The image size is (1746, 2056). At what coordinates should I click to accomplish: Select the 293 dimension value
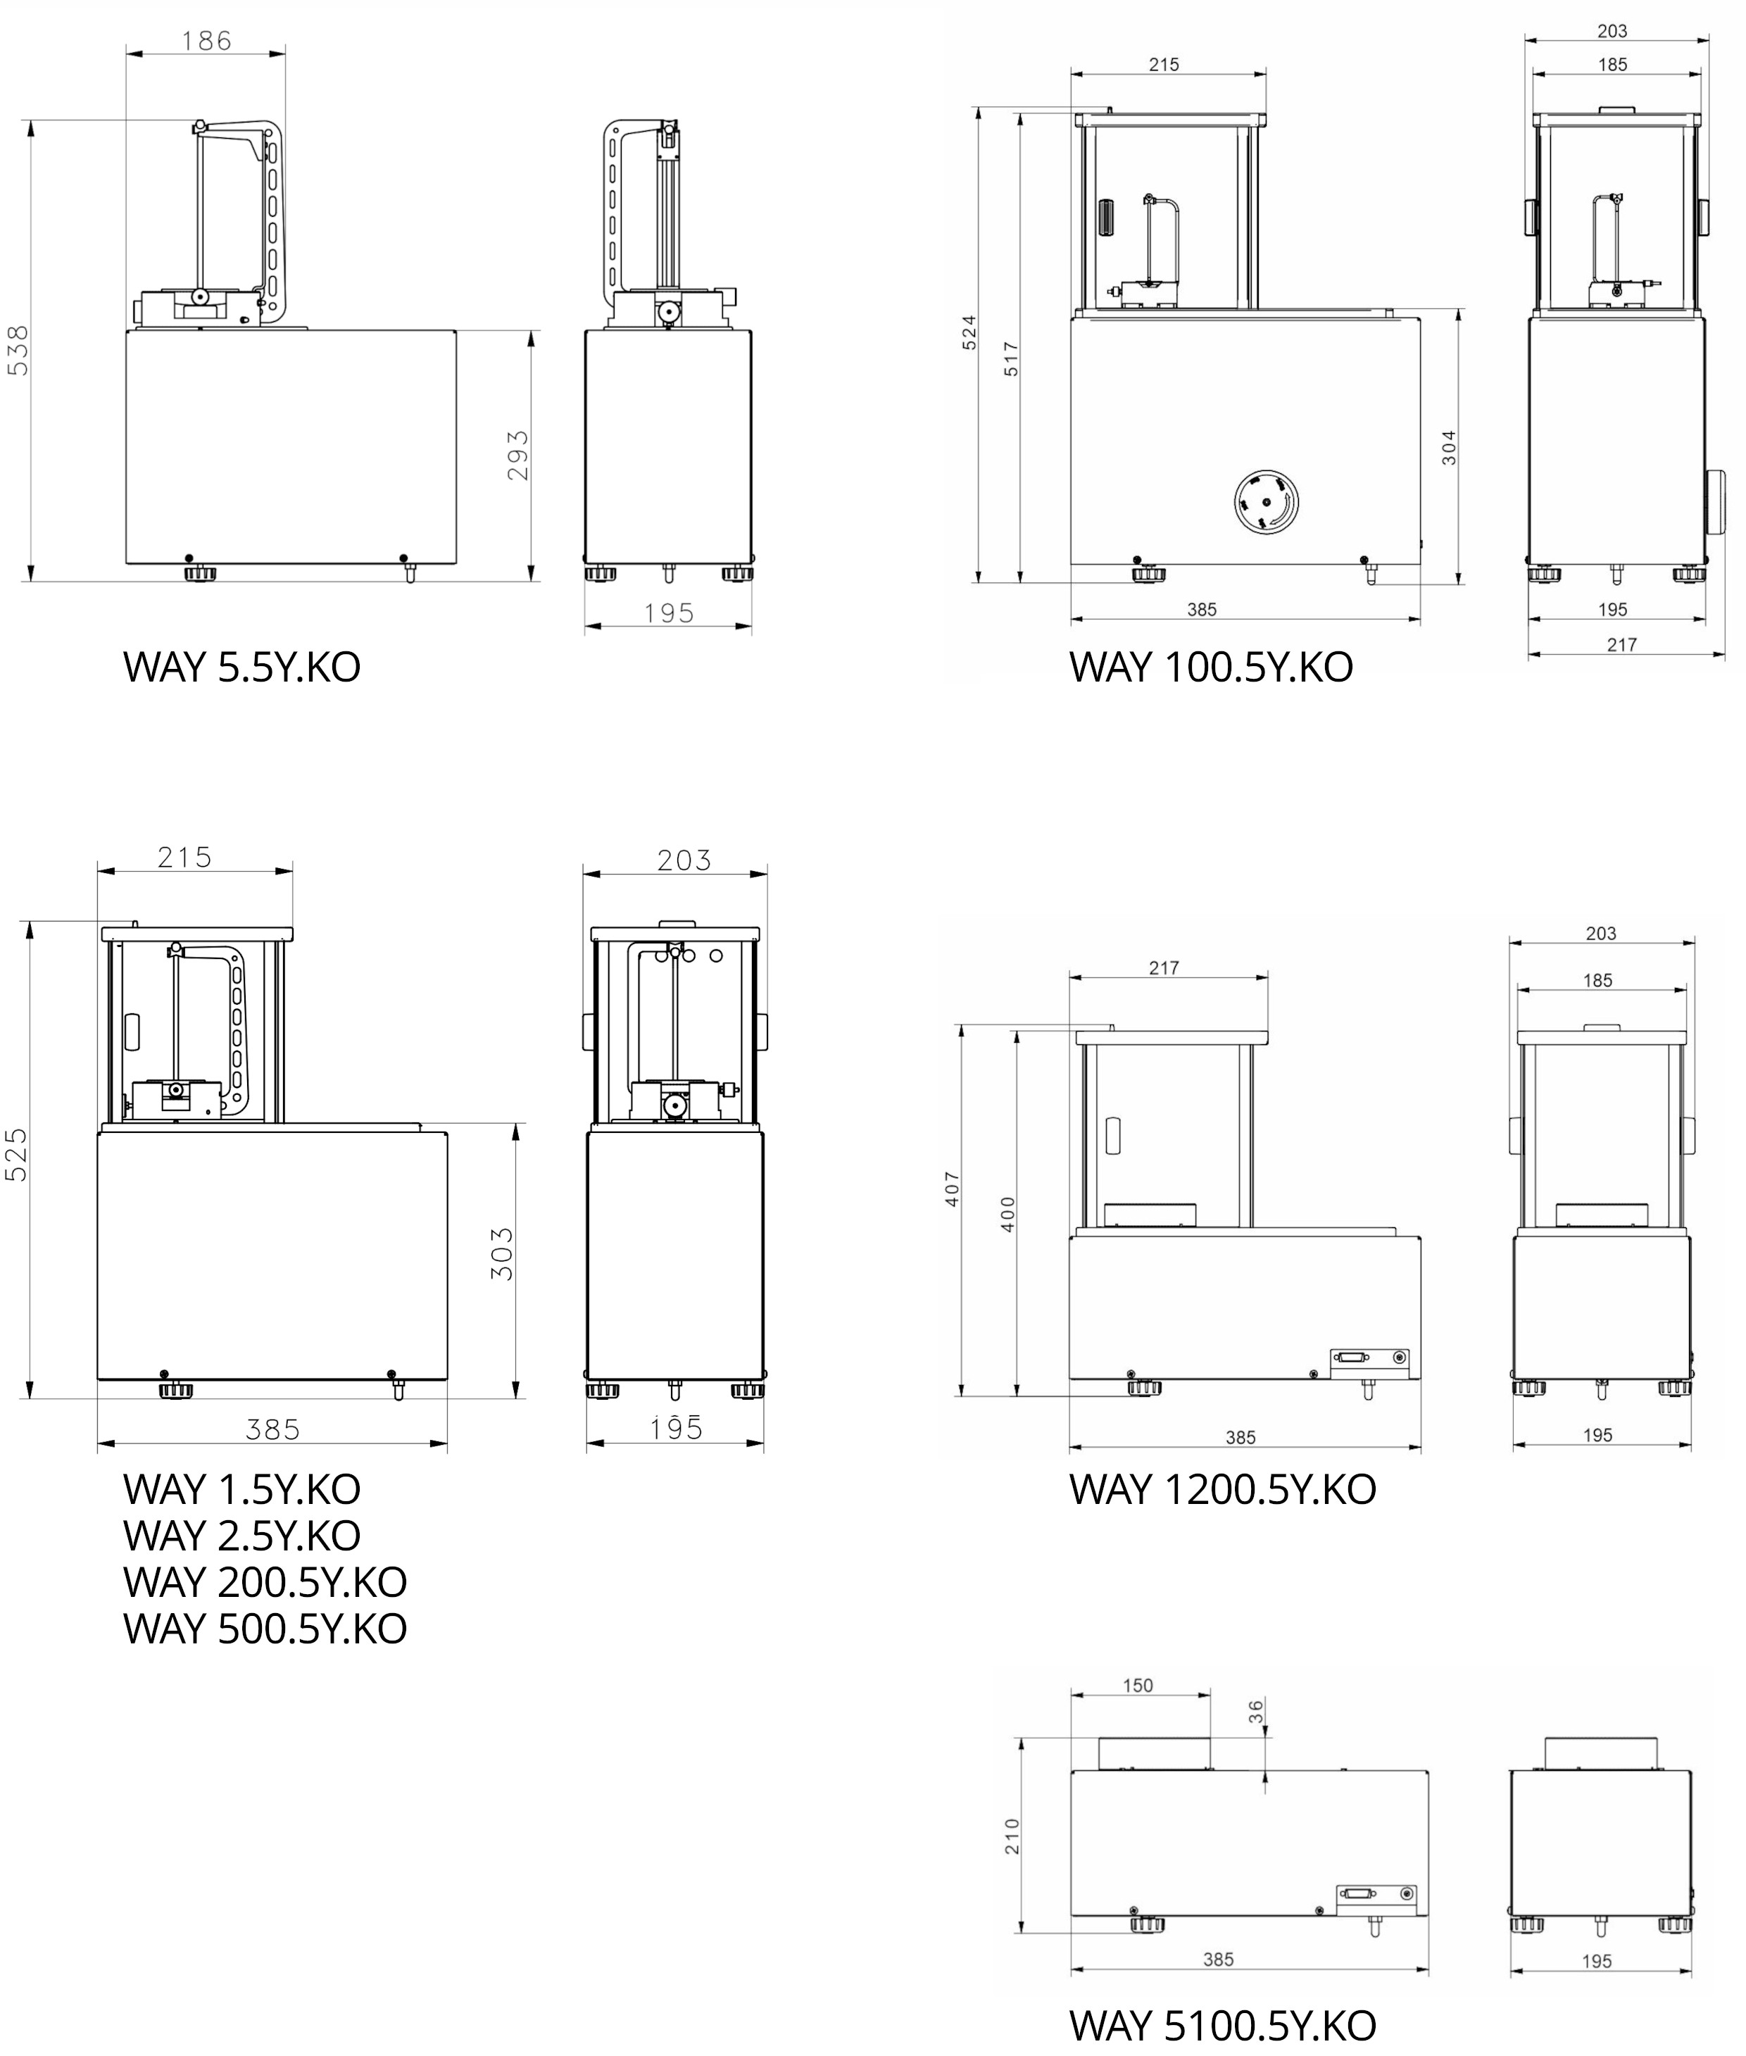tap(517, 456)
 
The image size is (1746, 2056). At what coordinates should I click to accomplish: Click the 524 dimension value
tap(970, 332)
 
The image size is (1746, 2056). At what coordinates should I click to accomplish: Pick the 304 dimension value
tap(1449, 447)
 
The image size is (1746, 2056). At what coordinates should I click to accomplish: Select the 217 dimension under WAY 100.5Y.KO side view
tap(1621, 644)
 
